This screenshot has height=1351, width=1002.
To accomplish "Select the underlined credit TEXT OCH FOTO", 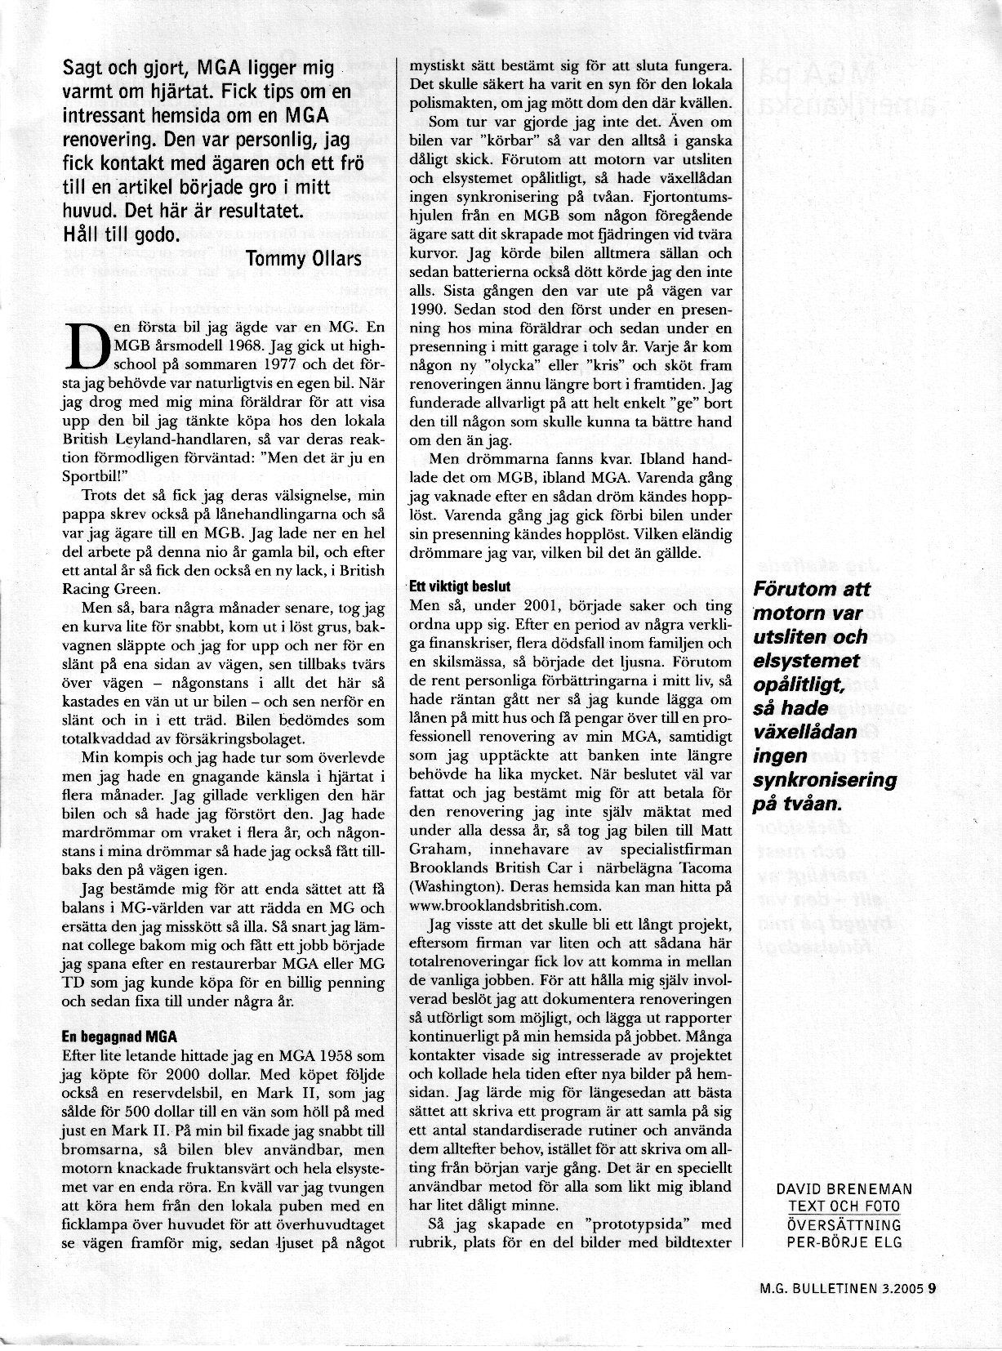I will tap(844, 1207).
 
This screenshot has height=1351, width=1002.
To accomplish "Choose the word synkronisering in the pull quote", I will tap(824, 779).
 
